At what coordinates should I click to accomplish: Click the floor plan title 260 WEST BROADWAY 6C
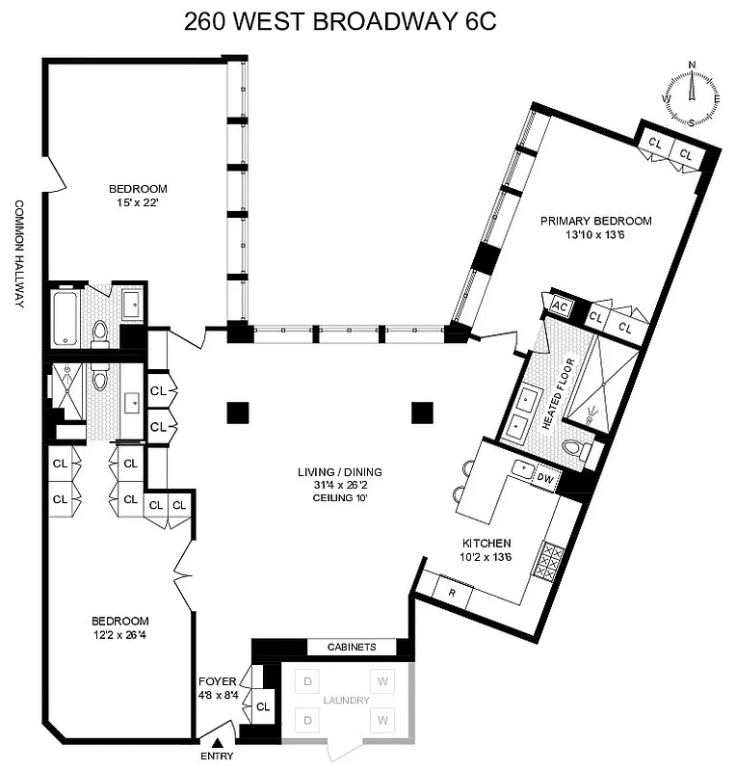(341, 21)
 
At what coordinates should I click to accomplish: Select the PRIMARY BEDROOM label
(595, 221)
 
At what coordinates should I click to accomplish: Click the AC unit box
(560, 306)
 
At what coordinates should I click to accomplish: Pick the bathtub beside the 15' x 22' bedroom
(66, 320)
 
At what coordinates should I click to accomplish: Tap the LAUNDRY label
(345, 701)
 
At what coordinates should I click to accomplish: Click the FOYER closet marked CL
(263, 706)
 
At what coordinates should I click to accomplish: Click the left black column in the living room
(238, 412)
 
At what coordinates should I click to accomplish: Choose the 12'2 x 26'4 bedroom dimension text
(120, 634)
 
